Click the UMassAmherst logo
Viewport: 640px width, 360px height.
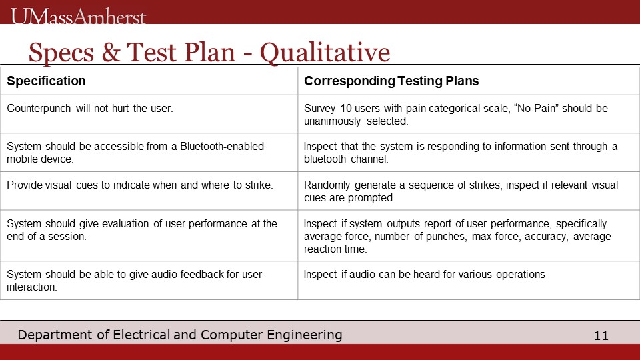pyautogui.click(x=79, y=16)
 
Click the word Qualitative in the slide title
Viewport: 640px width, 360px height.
pyautogui.click(x=325, y=53)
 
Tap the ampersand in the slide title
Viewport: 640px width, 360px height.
pyautogui.click(x=111, y=52)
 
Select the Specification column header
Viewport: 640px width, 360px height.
pyautogui.click(x=46, y=81)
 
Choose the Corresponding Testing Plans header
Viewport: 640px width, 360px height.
pyautogui.click(x=391, y=81)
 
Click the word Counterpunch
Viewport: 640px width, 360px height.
pyautogui.click(x=39, y=108)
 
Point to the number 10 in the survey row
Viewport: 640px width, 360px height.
pyautogui.click(x=346, y=108)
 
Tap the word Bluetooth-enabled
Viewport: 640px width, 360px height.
pyautogui.click(x=222, y=146)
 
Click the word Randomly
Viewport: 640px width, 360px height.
pyautogui.click(x=327, y=185)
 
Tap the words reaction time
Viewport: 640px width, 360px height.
pyautogui.click(x=335, y=249)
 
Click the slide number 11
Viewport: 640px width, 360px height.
pyautogui.click(x=601, y=335)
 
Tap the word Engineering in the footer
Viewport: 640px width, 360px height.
pyautogui.click(x=305, y=335)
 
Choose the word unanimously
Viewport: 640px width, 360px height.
pyautogui.click(x=332, y=121)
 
